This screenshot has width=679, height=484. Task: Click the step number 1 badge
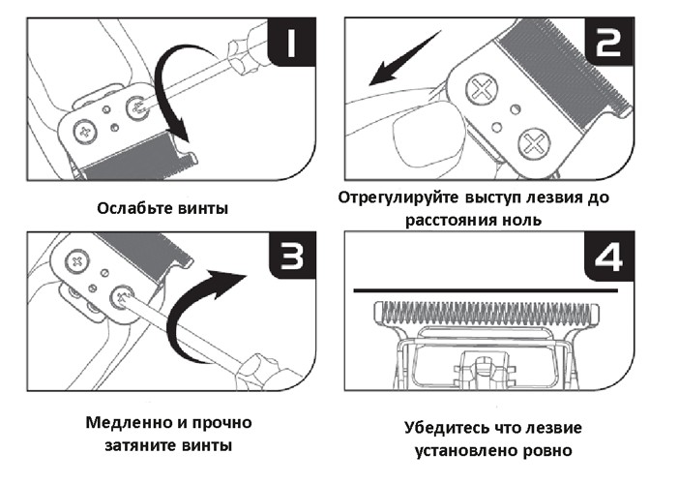tap(292, 42)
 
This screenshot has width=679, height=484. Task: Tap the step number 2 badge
tap(609, 42)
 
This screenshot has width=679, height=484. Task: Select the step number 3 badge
tap(292, 256)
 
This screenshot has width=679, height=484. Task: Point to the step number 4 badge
tap(609, 256)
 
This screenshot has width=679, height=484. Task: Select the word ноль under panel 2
tap(521, 220)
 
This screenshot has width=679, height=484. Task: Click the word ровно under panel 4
tap(547, 451)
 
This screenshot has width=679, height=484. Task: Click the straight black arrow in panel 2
tap(405, 57)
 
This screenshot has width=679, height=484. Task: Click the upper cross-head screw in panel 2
tap(482, 90)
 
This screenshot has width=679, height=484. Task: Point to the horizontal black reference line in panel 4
tap(486, 290)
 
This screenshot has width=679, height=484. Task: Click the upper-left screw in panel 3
tap(77, 261)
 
